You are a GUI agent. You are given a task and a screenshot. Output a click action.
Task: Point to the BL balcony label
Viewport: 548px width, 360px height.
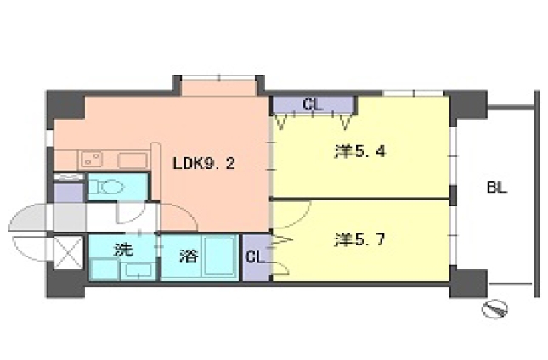click(496, 188)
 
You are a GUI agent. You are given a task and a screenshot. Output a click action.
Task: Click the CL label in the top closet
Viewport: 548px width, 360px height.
click(312, 106)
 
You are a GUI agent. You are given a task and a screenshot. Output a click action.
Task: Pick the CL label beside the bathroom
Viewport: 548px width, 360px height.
click(254, 256)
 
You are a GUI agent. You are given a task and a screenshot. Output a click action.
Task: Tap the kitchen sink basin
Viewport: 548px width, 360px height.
click(132, 160)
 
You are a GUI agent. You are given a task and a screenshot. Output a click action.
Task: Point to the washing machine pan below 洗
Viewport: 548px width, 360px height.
click(135, 270)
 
